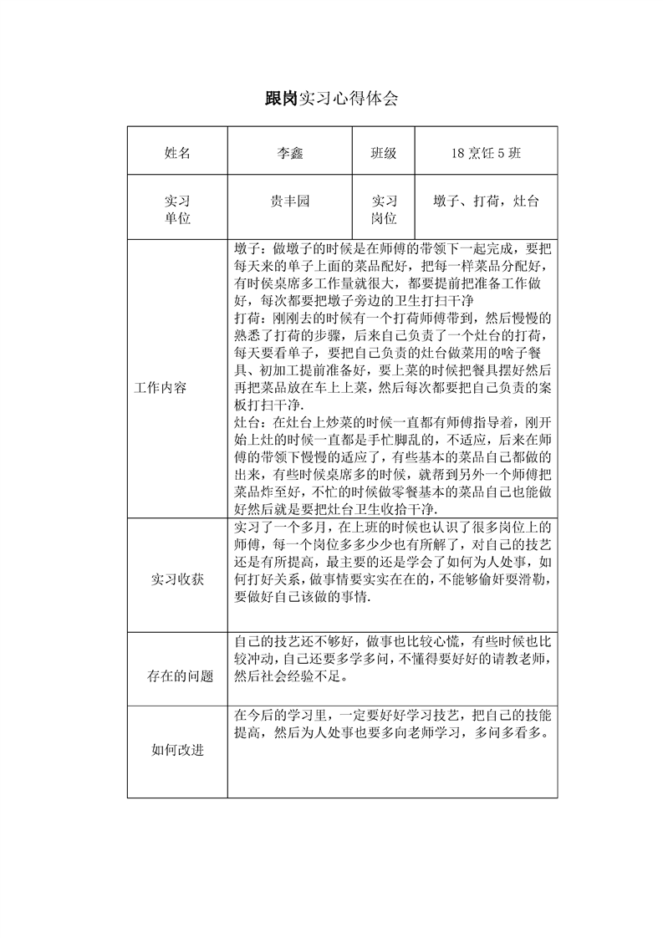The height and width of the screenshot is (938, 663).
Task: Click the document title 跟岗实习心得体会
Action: tap(331, 99)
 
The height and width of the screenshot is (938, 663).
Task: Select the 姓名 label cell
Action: tap(177, 153)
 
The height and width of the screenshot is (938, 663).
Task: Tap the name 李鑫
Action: tap(289, 153)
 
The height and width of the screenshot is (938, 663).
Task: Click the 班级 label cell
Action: tap(383, 153)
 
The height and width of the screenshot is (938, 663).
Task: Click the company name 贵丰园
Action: tap(289, 201)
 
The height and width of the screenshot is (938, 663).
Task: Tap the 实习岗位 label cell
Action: tap(383, 209)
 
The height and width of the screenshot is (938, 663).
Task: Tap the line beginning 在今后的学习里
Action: tap(393, 716)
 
